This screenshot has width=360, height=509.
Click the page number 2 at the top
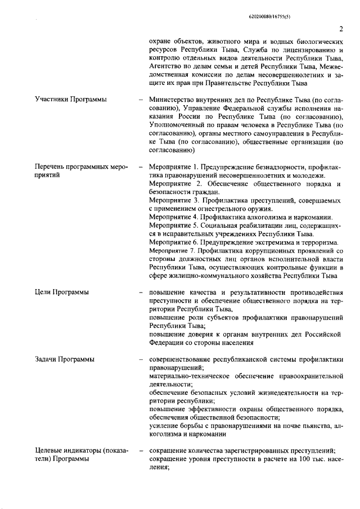[x=341, y=29]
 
